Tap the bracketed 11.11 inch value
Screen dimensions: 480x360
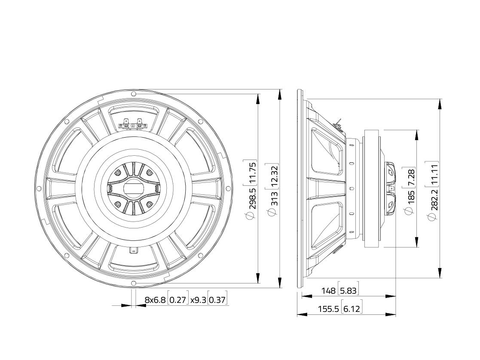point(434,174)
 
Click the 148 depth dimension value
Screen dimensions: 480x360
point(328,290)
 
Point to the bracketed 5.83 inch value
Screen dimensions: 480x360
point(349,290)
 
